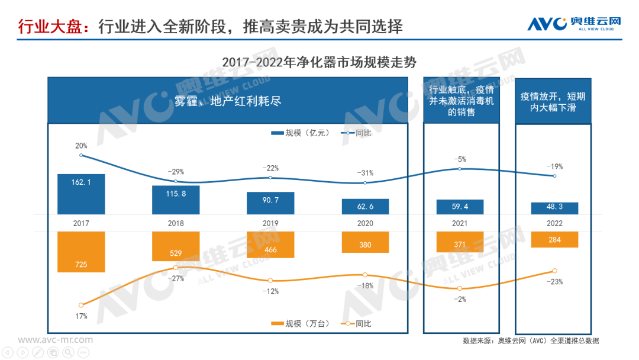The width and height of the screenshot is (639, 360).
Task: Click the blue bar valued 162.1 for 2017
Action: pyautogui.click(x=81, y=194)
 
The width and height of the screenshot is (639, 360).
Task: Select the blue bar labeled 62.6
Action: pyautogui.click(x=365, y=207)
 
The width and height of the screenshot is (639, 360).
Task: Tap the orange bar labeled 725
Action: pyautogui.click(x=81, y=252)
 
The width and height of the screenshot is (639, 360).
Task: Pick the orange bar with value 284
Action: pyautogui.click(x=554, y=240)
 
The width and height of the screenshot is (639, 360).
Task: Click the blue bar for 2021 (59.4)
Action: pyautogui.click(x=460, y=207)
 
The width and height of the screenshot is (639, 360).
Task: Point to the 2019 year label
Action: pyautogui.click(x=270, y=223)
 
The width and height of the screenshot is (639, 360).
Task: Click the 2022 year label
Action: pyautogui.click(x=554, y=223)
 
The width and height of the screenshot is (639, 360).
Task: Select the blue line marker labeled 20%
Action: pyautogui.click(x=81, y=155)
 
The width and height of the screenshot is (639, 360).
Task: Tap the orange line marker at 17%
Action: pyautogui.click(x=81, y=305)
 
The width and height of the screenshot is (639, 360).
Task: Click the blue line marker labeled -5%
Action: pyautogui.click(x=460, y=169)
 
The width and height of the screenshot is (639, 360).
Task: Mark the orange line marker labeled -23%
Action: pyautogui.click(x=554, y=271)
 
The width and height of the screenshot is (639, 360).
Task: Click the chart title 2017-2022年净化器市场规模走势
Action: pyautogui.click(x=319, y=62)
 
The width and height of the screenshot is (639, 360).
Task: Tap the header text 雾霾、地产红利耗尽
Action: pyautogui.click(x=227, y=101)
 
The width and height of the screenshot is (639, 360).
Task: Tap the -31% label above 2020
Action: pyautogui.click(x=365, y=172)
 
